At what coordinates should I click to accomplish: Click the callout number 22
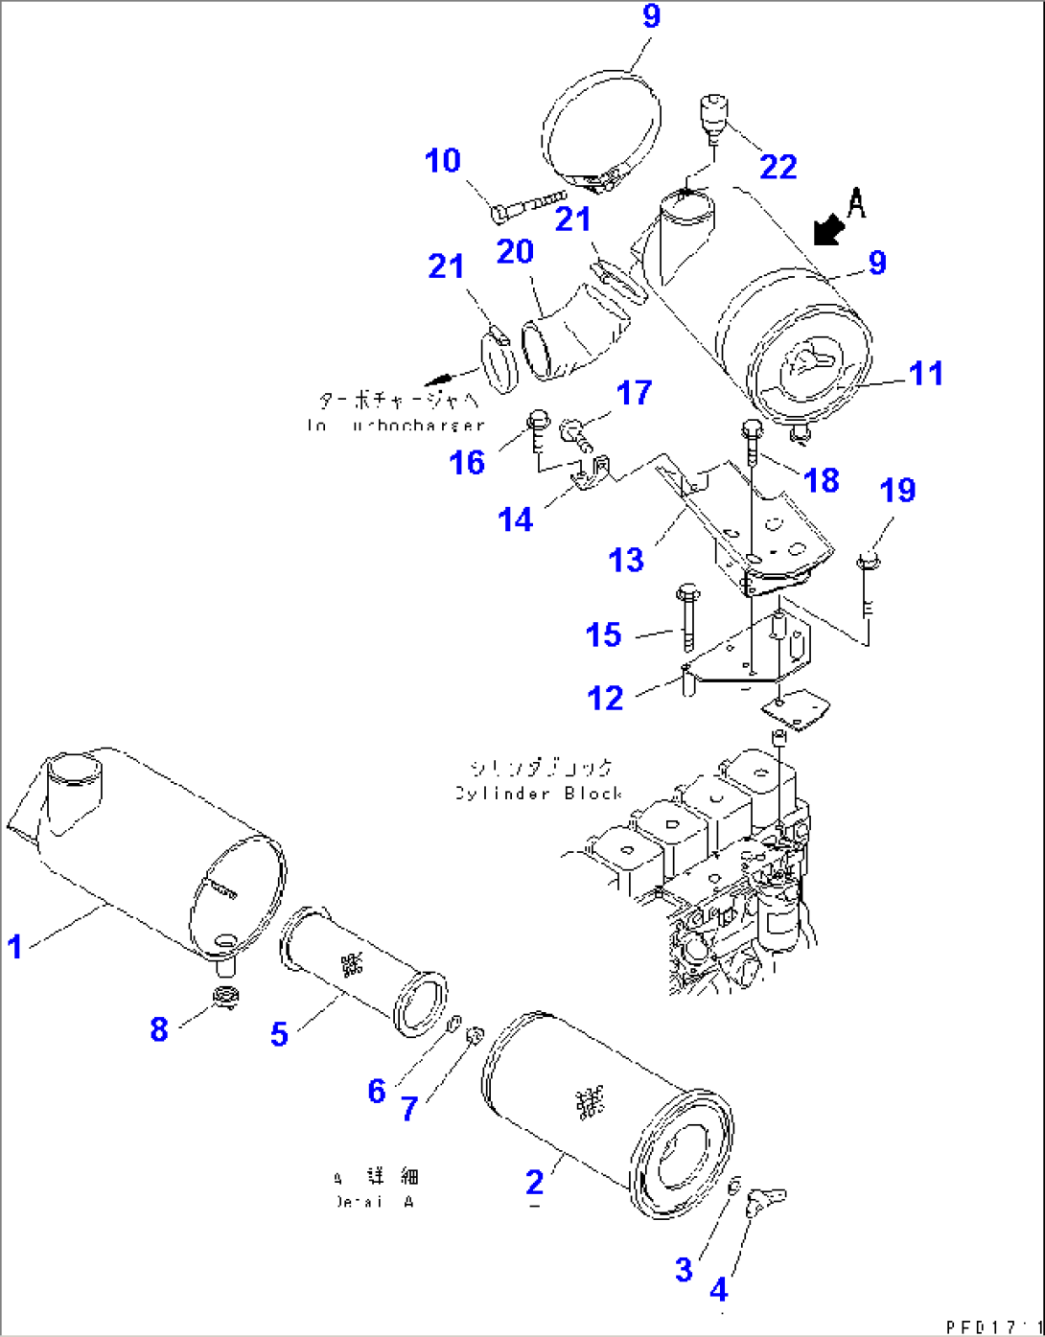pos(778,167)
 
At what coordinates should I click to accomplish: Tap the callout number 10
pos(443,161)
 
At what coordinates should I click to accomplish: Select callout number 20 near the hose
pos(515,252)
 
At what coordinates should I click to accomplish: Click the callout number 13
pos(627,560)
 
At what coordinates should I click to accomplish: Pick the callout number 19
pos(897,491)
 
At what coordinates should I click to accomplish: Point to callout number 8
pos(159,1029)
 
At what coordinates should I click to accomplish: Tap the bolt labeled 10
pos(527,206)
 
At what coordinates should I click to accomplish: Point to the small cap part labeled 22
pos(712,116)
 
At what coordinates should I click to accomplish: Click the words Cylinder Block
pos(540,794)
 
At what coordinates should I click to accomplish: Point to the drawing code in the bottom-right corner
pos(993,1325)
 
